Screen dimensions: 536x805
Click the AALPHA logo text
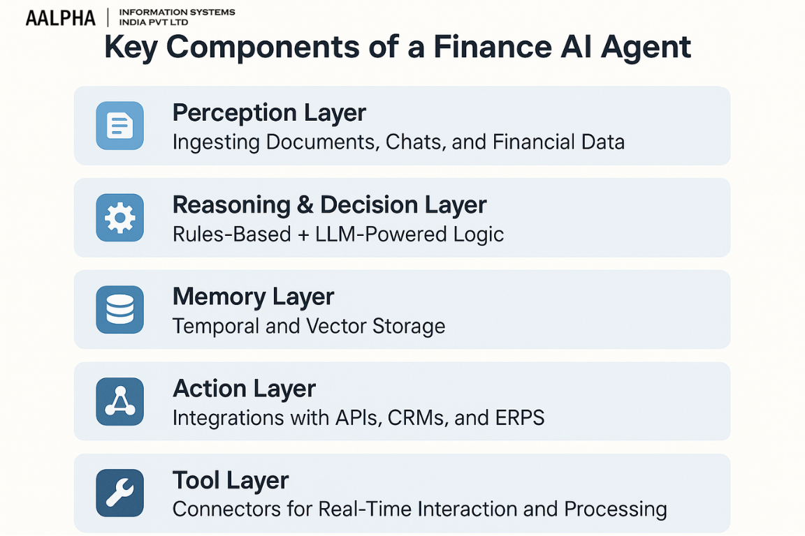click(x=60, y=17)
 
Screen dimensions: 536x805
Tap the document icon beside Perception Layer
click(x=119, y=126)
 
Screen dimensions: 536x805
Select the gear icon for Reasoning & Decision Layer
click(x=119, y=218)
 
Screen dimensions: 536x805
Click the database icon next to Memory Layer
click(x=119, y=309)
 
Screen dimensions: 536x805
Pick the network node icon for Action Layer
click(x=119, y=401)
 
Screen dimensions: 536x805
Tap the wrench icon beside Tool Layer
click(x=119, y=493)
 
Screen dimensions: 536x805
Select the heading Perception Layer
click(x=269, y=112)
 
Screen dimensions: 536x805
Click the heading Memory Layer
click(x=253, y=297)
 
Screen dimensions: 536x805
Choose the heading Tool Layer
click(x=231, y=480)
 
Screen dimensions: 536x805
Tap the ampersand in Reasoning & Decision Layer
click(x=304, y=205)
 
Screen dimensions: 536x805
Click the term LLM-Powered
click(x=376, y=234)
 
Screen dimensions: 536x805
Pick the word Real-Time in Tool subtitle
click(x=370, y=509)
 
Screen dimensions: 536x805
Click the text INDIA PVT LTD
click(x=154, y=22)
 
